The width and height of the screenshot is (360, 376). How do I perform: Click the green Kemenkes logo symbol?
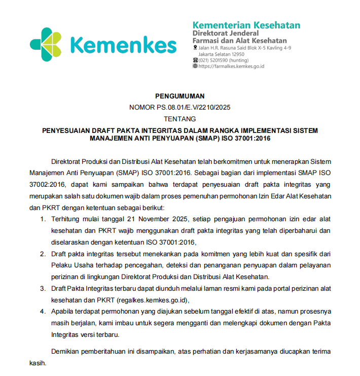47,44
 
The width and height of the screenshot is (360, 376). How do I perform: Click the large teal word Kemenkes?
123,45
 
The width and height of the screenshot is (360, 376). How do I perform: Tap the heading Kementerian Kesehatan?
246,25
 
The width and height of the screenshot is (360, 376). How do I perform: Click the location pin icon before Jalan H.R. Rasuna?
195,48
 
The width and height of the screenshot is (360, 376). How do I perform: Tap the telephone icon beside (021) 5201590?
195,60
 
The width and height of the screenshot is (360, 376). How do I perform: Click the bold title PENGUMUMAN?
179,95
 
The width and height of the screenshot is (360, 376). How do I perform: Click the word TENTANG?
179,119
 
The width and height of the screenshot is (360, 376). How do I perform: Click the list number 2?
43,254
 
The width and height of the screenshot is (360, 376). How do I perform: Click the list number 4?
43,312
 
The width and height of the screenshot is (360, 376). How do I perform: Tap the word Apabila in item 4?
63,312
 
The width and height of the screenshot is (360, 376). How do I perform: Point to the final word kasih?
38,364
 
